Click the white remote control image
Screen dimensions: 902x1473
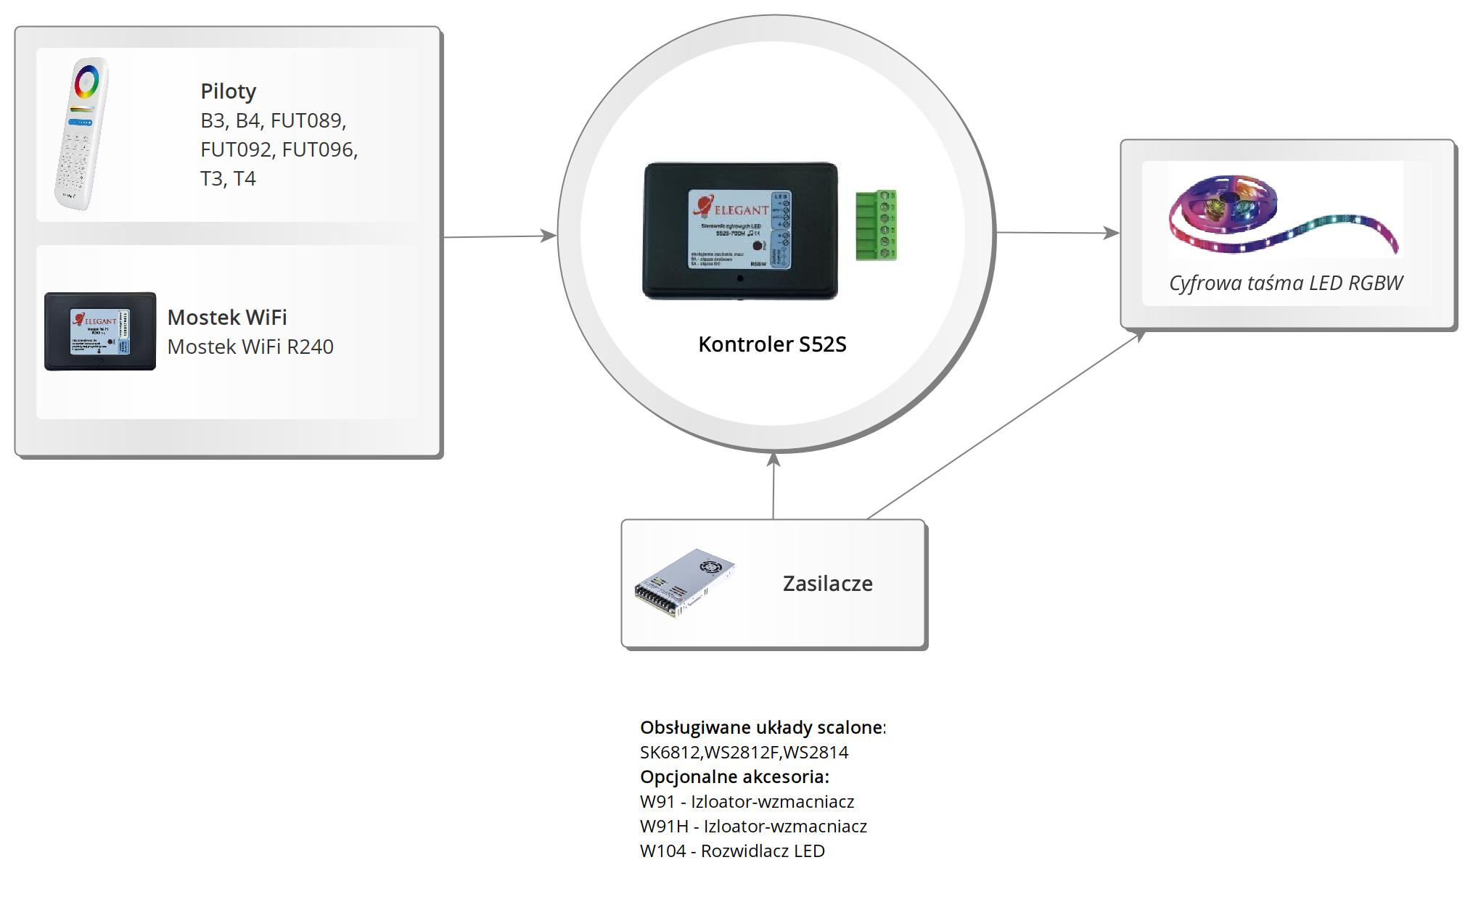pos(82,135)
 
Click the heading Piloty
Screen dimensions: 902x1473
pos(228,91)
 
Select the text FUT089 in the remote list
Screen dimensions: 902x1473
pos(308,120)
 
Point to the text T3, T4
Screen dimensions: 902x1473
pos(228,178)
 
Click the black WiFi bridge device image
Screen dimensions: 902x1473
pos(100,331)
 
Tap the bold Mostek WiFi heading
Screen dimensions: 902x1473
pos(227,318)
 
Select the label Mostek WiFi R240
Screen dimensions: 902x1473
pos(250,347)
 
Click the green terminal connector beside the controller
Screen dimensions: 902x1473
pos(876,225)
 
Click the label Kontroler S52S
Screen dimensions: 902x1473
pos(772,344)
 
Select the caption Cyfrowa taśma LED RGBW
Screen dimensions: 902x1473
pos(1286,283)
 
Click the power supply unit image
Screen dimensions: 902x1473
pos(684,583)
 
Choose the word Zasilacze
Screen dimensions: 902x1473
pos(827,584)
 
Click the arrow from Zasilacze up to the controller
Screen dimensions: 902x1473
pos(774,486)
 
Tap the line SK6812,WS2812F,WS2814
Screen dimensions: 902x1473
pos(744,753)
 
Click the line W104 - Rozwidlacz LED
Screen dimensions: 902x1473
pos(732,851)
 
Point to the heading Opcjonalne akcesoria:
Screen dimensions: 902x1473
pos(734,777)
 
